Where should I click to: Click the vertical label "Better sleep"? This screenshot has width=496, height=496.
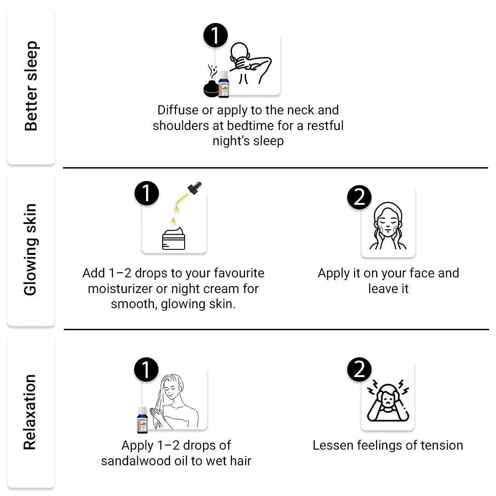[31, 86]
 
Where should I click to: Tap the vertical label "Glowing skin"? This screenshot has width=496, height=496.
[30, 250]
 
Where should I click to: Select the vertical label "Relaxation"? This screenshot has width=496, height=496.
[30, 412]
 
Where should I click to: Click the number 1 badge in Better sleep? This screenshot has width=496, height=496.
[215, 35]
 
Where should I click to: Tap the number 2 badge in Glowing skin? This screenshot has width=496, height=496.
[359, 197]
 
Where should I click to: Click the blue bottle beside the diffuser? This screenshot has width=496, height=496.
[224, 84]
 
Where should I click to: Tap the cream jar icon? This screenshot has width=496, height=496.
[174, 238]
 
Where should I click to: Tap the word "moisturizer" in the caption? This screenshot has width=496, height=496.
[123, 289]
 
